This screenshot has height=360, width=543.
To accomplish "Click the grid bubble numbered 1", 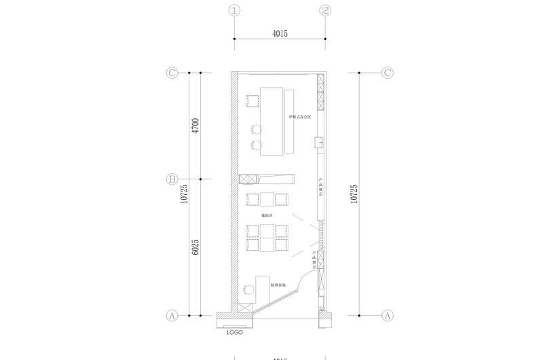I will coord(235,11).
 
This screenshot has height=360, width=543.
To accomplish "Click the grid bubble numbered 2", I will coord(325,11).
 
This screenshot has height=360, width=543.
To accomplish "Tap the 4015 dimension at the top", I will coord(280,33).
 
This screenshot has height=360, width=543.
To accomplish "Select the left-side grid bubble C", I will coord(172,73).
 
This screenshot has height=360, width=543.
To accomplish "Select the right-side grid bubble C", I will coord(388,73).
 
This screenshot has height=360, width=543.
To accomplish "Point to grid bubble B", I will coord(172,179).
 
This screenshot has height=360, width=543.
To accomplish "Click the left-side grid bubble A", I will coord(172,316).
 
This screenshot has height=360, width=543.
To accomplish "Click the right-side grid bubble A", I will coord(388,316).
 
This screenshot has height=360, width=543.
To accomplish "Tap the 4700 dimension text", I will coord(195,126).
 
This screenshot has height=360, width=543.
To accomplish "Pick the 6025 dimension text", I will coord(195,247).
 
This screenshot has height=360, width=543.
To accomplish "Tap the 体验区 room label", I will coord(267,215).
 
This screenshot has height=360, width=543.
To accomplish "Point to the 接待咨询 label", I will coord(278,286).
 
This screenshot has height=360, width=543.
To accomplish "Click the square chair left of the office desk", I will coord(253,101).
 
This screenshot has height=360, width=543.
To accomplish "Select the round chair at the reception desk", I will coord(248,289).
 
